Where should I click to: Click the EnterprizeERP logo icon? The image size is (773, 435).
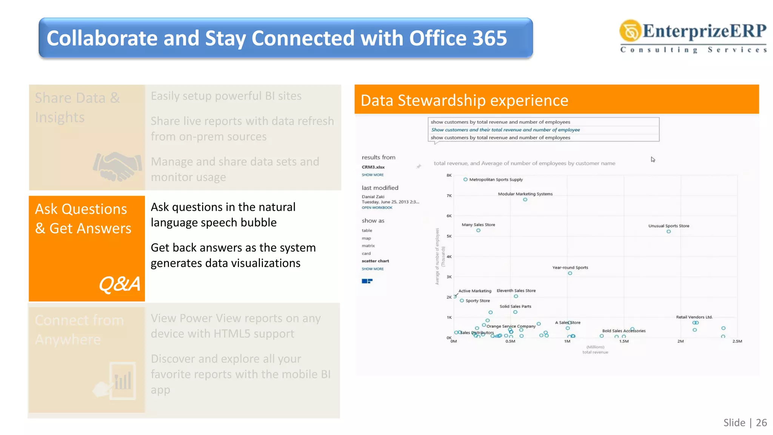(x=630, y=31)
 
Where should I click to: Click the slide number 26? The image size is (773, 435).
(x=761, y=423)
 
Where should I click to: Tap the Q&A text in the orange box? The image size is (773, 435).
(x=119, y=284)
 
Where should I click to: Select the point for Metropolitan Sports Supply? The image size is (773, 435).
(x=465, y=179)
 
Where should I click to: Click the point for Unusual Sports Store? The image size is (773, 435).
(x=668, y=231)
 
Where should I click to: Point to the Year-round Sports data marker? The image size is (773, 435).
(x=570, y=273)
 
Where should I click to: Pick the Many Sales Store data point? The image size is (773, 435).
(x=478, y=230)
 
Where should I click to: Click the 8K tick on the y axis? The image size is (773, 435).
(x=449, y=175)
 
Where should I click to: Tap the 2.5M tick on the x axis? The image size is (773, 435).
(x=737, y=341)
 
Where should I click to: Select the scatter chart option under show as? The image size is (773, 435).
(x=375, y=261)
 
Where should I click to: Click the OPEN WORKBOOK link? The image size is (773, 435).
(x=377, y=208)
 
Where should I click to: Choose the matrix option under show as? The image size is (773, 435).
(x=368, y=246)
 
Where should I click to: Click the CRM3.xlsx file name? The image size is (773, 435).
(x=373, y=167)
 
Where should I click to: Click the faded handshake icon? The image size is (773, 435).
(x=117, y=166)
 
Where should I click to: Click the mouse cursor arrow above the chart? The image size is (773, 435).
(x=653, y=159)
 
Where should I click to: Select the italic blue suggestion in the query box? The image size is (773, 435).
(x=505, y=130)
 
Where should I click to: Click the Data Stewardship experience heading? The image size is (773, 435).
(x=464, y=100)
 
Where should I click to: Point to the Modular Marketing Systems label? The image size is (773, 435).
(x=525, y=194)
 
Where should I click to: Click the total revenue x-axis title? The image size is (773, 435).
(x=595, y=352)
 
